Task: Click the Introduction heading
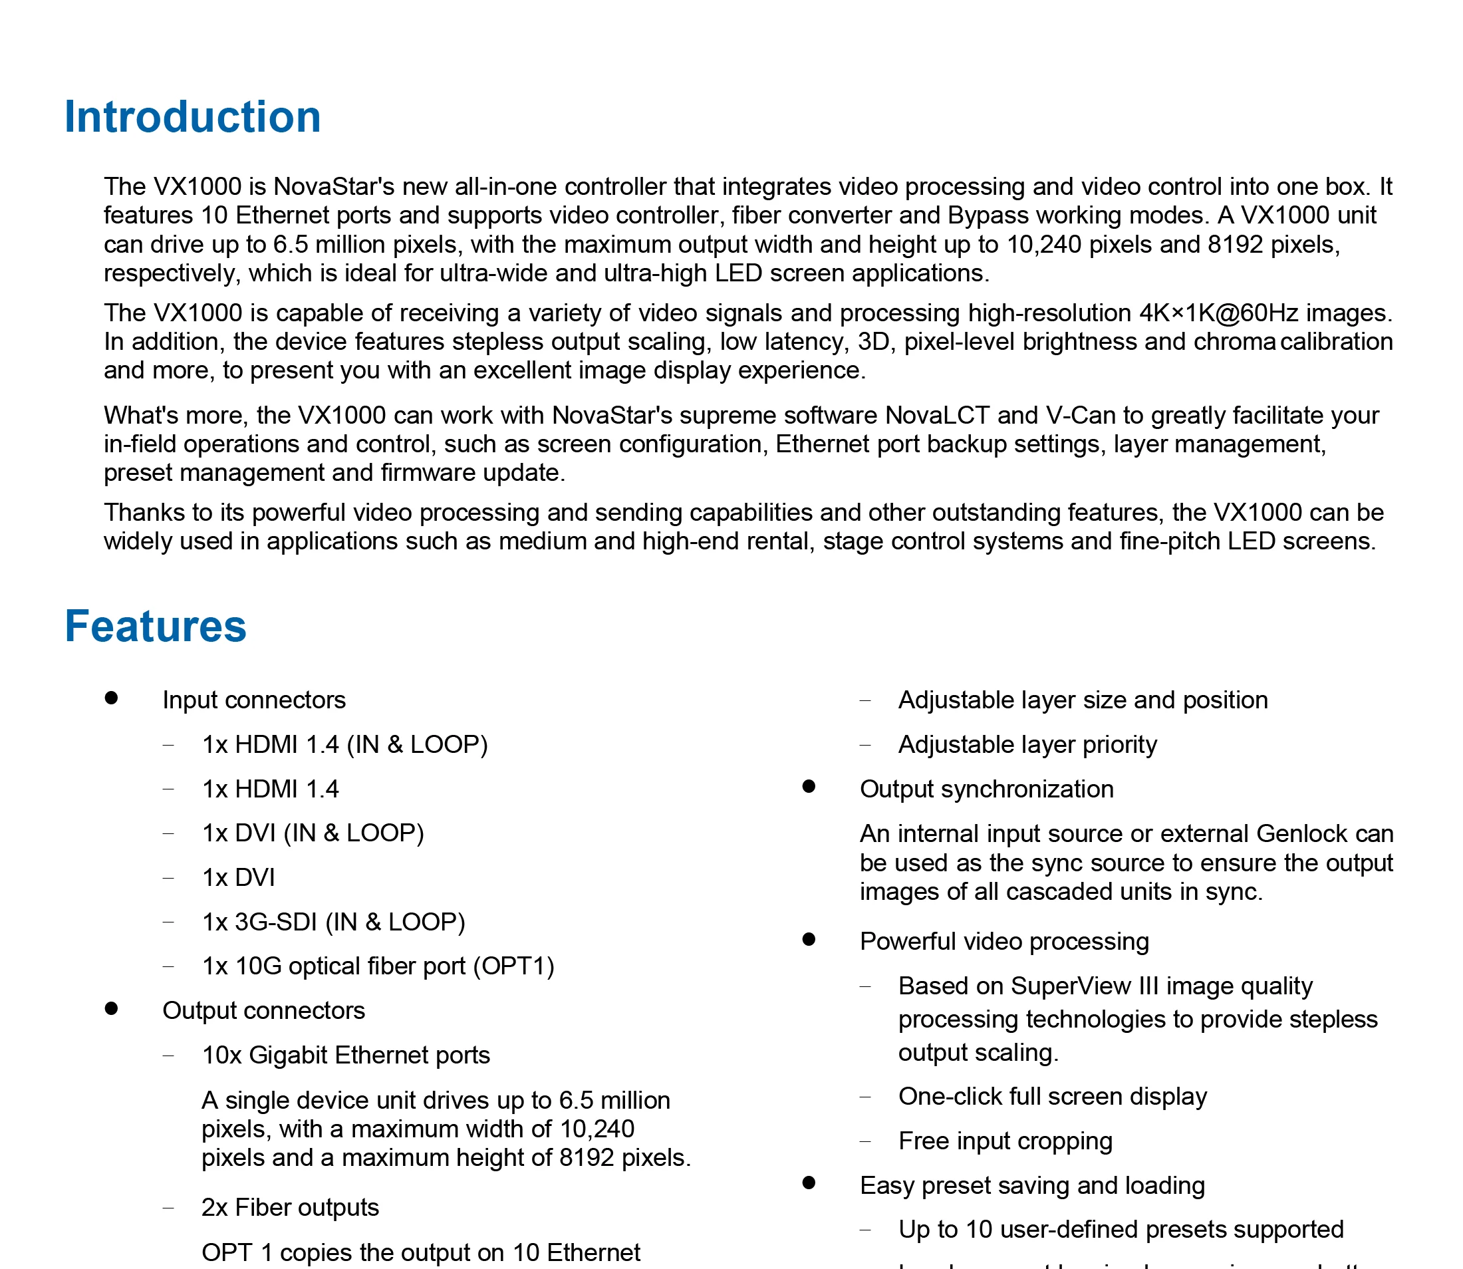192,117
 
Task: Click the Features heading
155,627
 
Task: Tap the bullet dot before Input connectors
111,698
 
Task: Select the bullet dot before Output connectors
111,1008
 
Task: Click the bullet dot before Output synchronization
809,787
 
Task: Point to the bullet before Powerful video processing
809,940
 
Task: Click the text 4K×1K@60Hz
1219,313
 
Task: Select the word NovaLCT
938,415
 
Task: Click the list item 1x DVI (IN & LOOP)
313,833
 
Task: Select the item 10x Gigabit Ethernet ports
346,1055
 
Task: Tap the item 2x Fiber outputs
291,1207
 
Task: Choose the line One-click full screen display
1052,1097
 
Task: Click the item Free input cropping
1005,1141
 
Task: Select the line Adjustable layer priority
1027,745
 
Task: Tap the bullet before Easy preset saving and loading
809,1183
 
